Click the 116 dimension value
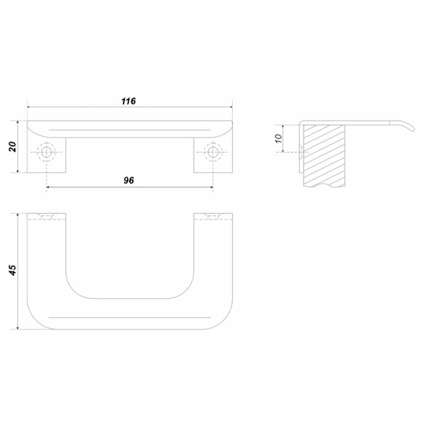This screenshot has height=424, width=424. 128,101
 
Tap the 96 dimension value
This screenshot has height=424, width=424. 128,181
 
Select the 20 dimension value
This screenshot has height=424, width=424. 13,147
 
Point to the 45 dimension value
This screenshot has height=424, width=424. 13,270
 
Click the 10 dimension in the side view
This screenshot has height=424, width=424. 278,139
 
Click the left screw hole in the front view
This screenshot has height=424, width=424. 47,152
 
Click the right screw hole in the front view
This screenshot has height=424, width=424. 213,152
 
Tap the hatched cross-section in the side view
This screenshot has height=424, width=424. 325,156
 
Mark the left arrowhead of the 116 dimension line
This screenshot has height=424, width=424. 29,107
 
